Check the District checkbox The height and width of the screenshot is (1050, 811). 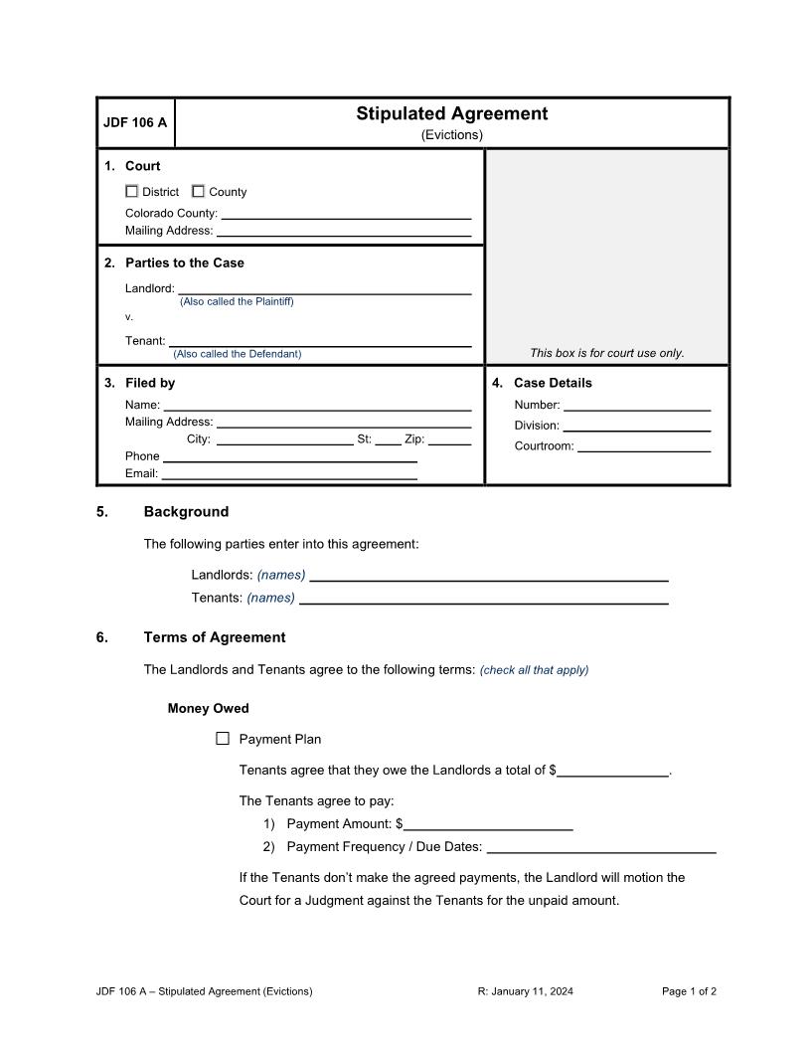[x=131, y=192]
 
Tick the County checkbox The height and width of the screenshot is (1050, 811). [x=198, y=192]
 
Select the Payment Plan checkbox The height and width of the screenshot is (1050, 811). [x=223, y=739]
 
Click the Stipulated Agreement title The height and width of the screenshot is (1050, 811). [x=452, y=113]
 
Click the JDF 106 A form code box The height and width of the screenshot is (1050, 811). [x=135, y=123]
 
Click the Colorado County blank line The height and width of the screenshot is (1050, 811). [x=346, y=212]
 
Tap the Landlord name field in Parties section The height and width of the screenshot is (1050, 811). [x=324, y=287]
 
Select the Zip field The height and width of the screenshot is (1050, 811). [x=450, y=438]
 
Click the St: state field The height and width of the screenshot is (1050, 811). [x=388, y=438]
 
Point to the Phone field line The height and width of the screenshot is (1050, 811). [x=289, y=455]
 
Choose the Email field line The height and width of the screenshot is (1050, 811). [x=289, y=473]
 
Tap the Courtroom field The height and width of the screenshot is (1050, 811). [x=644, y=444]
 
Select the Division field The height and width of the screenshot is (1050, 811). [x=637, y=425]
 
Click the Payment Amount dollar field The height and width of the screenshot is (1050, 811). [x=488, y=823]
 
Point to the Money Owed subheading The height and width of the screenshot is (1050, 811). [x=209, y=709]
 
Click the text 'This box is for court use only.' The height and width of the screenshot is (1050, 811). [x=607, y=353]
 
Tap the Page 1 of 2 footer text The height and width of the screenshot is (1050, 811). [x=689, y=991]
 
